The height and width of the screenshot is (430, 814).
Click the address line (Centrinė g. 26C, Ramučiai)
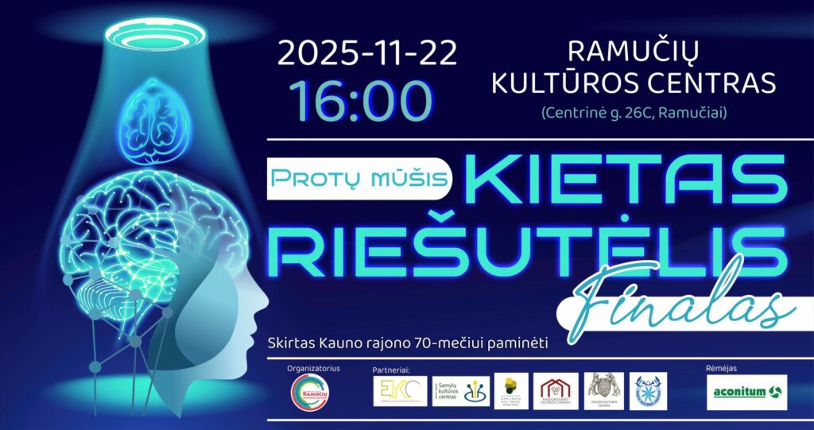pos(634,112)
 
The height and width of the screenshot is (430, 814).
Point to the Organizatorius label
pos(312,369)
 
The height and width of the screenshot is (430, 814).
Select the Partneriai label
pos(390,370)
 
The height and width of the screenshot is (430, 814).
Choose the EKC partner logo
pos(400,392)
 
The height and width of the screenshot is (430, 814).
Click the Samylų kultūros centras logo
pos(461,391)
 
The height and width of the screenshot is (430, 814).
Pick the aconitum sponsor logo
pos(746,391)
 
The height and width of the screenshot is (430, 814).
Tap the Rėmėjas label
pos(720,369)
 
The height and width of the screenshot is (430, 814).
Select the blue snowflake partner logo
pos(648,391)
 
